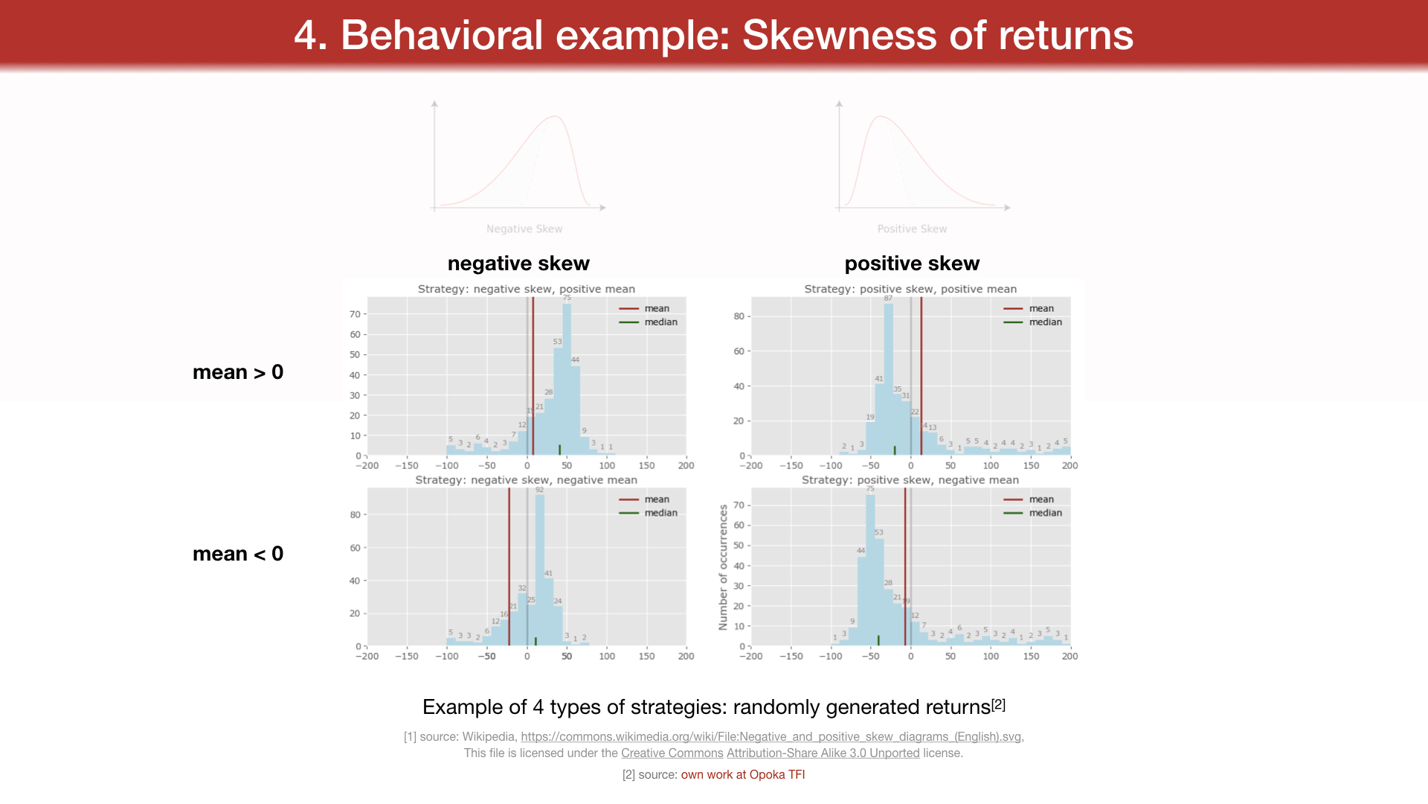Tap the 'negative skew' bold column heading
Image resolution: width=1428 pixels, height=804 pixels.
518,264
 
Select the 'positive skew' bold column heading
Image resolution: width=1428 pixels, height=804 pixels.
912,264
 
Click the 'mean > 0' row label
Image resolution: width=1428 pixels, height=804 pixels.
238,372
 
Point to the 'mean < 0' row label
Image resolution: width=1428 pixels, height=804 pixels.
238,554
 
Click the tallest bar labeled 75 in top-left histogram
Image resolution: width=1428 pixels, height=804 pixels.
567,380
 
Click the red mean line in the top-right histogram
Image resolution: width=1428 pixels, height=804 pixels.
922,372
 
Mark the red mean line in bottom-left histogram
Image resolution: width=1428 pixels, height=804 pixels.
509,566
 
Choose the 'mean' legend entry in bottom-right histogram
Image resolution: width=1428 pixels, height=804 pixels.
1041,500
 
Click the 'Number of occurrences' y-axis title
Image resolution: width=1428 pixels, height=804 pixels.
723,567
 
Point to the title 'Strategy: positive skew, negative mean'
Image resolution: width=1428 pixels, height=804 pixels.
910,480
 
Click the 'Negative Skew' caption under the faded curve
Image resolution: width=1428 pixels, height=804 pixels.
524,229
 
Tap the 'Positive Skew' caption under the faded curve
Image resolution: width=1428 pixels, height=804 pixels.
912,229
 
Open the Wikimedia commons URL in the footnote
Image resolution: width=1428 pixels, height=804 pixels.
771,737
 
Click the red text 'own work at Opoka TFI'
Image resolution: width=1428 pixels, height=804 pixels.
743,775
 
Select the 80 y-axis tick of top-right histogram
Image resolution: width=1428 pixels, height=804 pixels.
739,316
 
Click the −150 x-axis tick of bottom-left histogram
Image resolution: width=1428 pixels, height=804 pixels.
406,657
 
